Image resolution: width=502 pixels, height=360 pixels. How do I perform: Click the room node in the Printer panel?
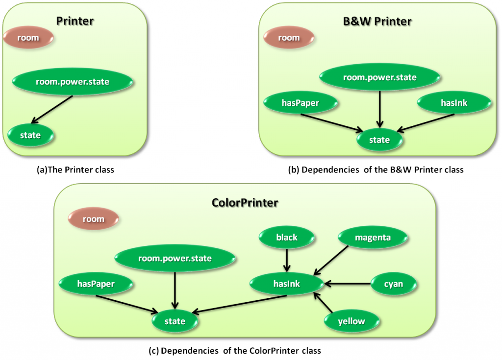[28, 38]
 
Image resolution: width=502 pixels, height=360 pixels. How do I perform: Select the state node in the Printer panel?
[30, 135]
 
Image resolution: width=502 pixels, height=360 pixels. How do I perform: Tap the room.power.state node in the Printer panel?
[72, 82]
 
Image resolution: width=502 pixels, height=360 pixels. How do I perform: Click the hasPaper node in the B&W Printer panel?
[301, 103]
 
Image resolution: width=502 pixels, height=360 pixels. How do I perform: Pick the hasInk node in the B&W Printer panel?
[454, 103]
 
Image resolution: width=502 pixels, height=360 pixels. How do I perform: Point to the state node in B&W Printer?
[379, 140]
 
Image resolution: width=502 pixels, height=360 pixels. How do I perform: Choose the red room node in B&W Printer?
[289, 38]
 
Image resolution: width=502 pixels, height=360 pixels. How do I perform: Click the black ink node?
[287, 238]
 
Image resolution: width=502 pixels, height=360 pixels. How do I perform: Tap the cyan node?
[393, 284]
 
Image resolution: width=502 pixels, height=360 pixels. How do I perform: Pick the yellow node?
[351, 321]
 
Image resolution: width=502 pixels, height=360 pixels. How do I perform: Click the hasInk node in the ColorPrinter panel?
[286, 283]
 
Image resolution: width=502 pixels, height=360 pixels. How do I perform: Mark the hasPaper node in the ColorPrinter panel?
[96, 283]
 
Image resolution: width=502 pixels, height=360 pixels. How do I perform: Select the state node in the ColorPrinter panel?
[175, 321]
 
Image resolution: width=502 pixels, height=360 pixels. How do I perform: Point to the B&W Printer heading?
[376, 21]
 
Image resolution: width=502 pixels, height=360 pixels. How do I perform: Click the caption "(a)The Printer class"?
[73, 170]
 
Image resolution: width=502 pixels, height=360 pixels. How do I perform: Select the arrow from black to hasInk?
[287, 259]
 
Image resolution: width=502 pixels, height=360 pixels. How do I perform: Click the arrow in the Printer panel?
[52, 109]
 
